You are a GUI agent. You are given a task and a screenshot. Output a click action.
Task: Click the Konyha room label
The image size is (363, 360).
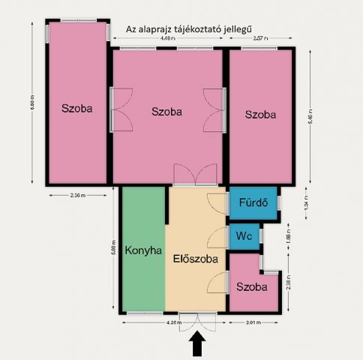[x=143, y=250]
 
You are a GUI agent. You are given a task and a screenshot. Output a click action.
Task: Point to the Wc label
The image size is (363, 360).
[x=244, y=235]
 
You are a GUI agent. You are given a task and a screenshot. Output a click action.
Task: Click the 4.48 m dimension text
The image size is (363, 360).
[x=169, y=37]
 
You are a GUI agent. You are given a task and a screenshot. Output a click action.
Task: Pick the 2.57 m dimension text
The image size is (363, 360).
[x=261, y=37]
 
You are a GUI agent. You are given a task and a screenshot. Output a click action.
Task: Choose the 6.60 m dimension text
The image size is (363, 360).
[x=32, y=101]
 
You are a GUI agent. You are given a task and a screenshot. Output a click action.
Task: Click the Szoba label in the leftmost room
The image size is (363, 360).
[x=77, y=108]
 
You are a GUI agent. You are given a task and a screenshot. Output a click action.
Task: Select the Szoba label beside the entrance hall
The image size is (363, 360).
[x=251, y=287]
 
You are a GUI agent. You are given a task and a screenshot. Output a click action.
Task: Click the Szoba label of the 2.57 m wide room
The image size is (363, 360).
[x=260, y=115]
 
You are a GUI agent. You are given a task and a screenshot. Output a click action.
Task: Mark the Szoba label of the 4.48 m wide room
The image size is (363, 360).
[x=167, y=112]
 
